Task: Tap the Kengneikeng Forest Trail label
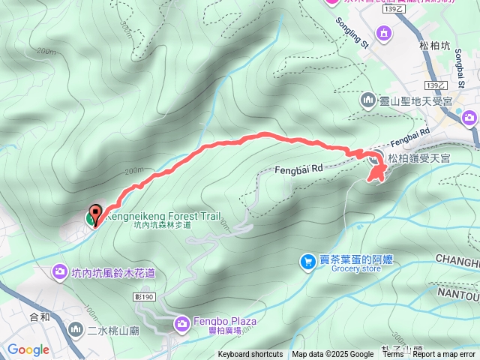163,215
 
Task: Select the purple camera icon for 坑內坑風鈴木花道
60,273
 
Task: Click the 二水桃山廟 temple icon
76,328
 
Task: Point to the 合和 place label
39,316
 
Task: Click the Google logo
28,349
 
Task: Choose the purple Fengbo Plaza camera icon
182,323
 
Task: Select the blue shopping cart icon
307,261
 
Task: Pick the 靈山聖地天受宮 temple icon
368,99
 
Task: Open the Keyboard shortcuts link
250,355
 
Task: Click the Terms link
392,355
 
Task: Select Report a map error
444,355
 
